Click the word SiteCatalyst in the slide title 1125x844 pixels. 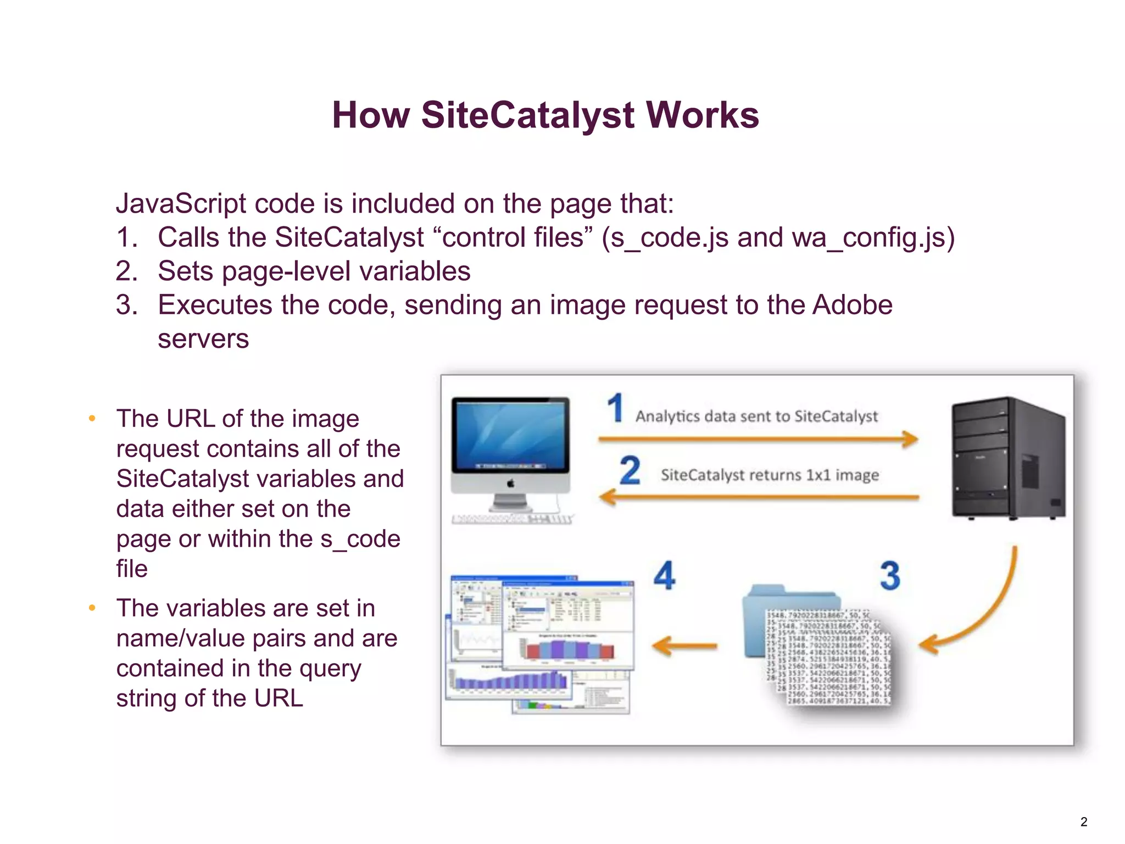coord(528,115)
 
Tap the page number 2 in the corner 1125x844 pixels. coord(1084,822)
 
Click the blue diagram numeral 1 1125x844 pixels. coord(615,408)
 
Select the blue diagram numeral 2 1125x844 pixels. coord(630,470)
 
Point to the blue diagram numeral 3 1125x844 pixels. coord(890,575)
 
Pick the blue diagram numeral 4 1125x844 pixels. coord(665,575)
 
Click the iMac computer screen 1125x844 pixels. coord(510,434)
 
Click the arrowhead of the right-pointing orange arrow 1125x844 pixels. coord(909,439)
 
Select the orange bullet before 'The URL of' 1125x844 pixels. coord(92,419)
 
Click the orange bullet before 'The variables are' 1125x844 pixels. coord(92,608)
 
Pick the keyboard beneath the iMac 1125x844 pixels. coord(511,519)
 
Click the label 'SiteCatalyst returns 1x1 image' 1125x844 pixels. coord(769,475)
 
